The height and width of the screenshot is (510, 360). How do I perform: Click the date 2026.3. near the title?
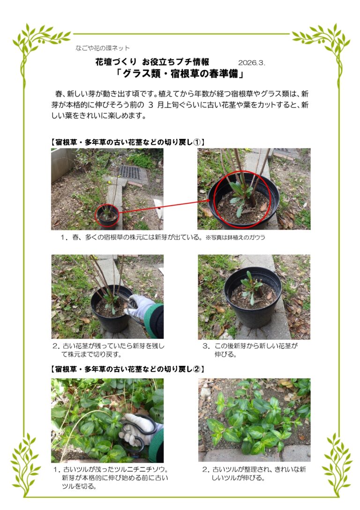[252, 62]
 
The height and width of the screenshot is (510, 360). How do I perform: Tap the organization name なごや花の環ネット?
[103, 48]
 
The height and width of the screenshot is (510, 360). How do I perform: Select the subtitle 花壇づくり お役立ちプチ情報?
[152, 62]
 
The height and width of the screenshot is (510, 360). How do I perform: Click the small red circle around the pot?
[107, 215]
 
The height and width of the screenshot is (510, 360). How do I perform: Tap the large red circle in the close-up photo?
[242, 198]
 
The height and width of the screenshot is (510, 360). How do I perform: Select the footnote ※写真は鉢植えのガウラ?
[235, 237]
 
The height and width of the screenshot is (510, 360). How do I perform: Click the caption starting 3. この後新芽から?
[251, 350]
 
